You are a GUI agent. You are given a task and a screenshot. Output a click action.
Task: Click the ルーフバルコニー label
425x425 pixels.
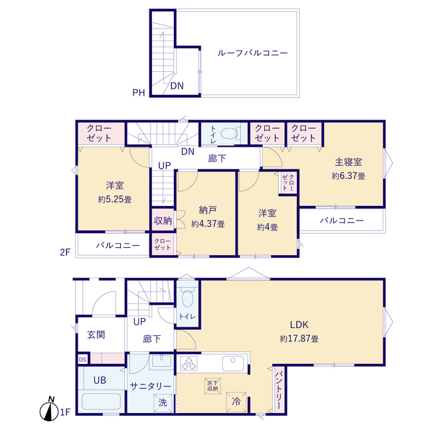click(x=252, y=53)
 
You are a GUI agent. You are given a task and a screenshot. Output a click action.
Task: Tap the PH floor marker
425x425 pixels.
click(x=138, y=93)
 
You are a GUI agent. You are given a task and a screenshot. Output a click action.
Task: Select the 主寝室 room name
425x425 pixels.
click(x=348, y=161)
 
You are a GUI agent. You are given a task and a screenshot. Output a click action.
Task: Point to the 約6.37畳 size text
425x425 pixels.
click(x=348, y=176)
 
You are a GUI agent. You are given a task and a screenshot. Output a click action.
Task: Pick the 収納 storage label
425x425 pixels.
click(x=163, y=220)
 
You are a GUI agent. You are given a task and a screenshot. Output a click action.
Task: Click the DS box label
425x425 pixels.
click(x=82, y=359)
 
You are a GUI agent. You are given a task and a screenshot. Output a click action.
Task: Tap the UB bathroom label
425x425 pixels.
click(x=100, y=381)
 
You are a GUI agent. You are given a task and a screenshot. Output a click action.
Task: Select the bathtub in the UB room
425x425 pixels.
click(x=100, y=402)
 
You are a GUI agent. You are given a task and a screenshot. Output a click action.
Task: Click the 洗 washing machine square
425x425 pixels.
click(x=163, y=402)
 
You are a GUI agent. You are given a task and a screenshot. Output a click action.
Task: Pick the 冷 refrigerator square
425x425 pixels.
click(x=236, y=401)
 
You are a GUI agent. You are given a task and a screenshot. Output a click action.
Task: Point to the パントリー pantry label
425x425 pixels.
click(x=278, y=389)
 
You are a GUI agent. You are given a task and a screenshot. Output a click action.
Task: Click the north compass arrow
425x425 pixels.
click(x=50, y=410)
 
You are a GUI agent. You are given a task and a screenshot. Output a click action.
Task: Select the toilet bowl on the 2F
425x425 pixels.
click(x=228, y=133)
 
